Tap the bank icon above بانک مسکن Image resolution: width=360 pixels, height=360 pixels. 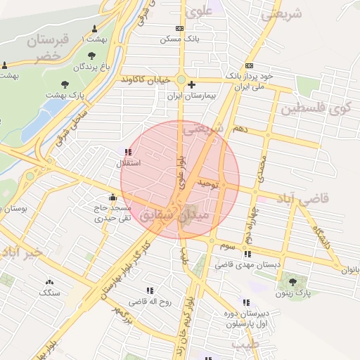(x=180, y=29)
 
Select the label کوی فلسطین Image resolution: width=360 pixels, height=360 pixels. (x=319, y=109)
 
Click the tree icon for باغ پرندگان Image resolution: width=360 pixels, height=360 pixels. (x=91, y=56)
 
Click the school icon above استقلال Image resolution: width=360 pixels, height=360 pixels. (x=127, y=152)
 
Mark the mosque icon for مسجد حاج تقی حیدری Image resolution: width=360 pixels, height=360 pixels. (x=113, y=197)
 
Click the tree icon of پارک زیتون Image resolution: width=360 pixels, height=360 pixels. (x=292, y=283)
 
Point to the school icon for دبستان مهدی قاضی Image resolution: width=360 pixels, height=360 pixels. (x=247, y=255)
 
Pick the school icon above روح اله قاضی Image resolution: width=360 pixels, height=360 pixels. (x=150, y=290)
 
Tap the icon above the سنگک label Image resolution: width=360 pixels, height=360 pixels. (x=49, y=281)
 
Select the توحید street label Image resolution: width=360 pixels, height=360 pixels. (x=210, y=183)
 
